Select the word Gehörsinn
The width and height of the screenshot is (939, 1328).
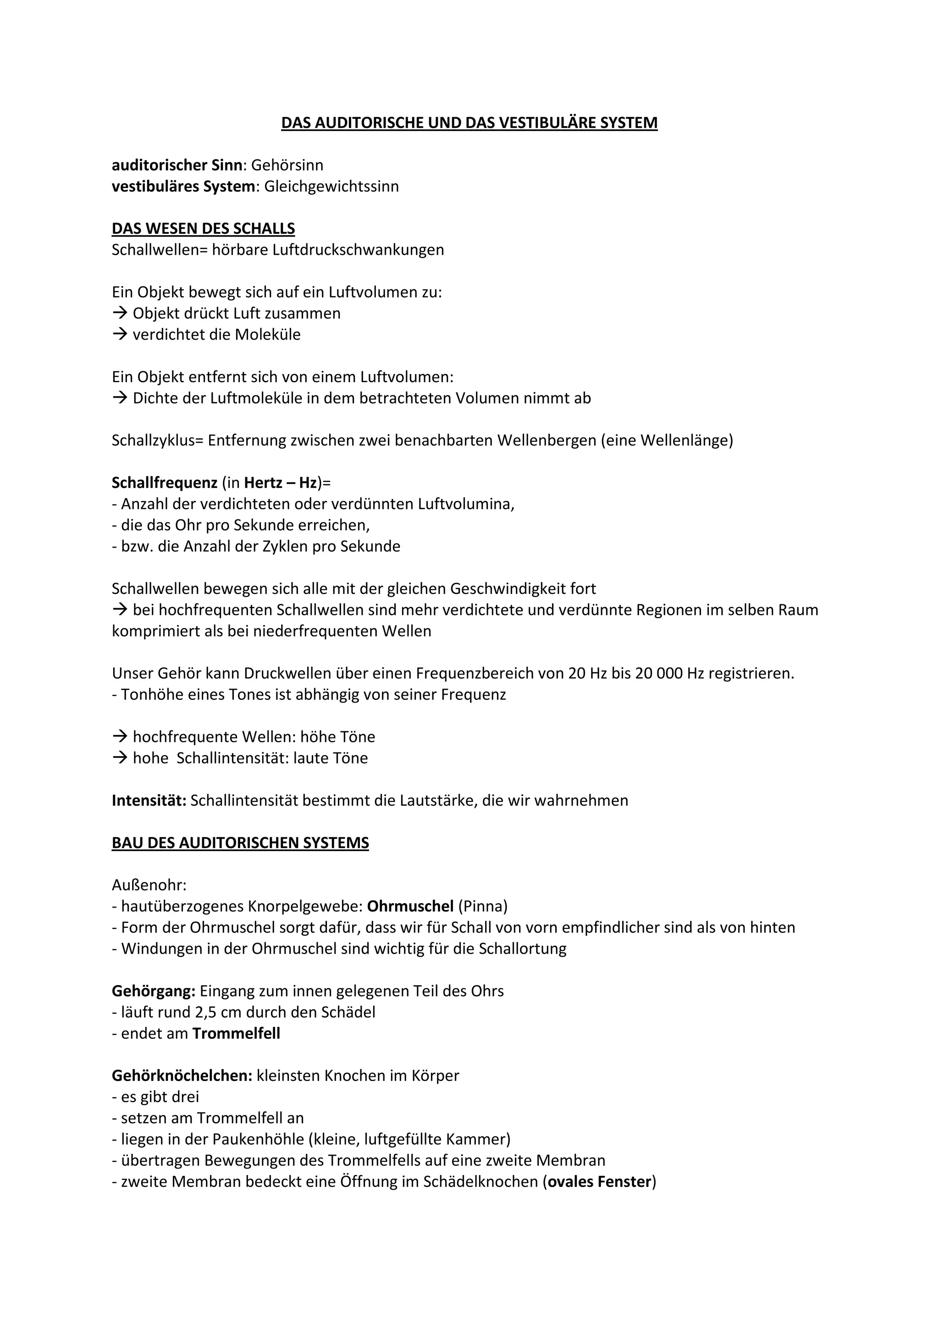287,165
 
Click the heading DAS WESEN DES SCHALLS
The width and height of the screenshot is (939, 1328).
203,229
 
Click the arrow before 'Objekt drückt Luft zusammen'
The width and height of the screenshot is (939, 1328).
120,313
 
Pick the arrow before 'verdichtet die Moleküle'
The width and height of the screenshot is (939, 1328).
120,335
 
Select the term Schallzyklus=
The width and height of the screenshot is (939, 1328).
158,441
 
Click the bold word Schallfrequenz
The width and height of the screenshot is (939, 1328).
164,483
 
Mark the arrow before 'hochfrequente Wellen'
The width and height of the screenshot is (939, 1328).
120,737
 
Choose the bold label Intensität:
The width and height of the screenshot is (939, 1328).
149,801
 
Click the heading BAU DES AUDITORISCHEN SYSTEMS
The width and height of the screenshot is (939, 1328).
240,843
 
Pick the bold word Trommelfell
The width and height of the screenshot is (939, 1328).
236,1034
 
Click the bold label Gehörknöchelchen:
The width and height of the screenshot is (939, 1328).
182,1076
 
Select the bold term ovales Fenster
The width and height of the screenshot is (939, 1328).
599,1182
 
